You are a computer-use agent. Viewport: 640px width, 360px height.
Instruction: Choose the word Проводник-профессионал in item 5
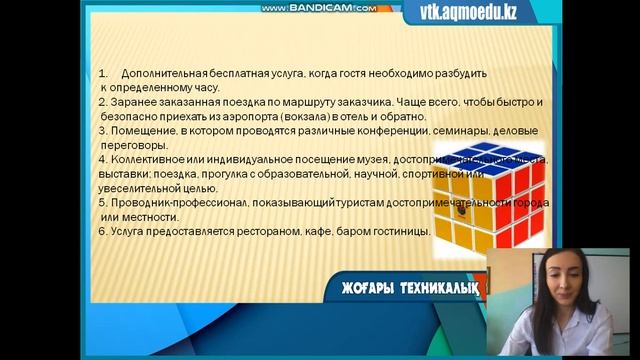[x=181, y=202]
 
